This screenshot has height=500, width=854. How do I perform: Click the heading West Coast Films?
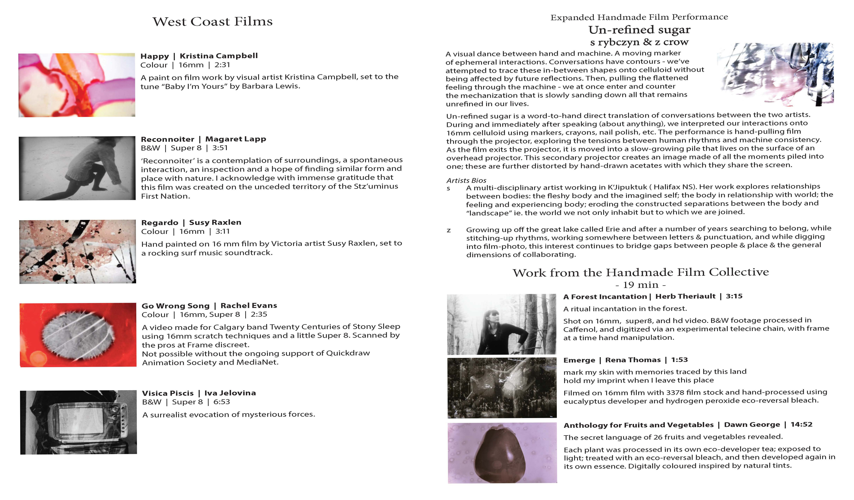213,22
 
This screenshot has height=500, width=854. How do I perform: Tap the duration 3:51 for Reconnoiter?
220,148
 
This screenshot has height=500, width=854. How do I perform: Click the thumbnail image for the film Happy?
77,85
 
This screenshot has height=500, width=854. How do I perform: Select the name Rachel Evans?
249,305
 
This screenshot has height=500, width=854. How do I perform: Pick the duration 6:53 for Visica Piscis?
222,402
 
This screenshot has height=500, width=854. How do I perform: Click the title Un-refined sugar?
639,30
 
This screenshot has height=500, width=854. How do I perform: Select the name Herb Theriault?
685,296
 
